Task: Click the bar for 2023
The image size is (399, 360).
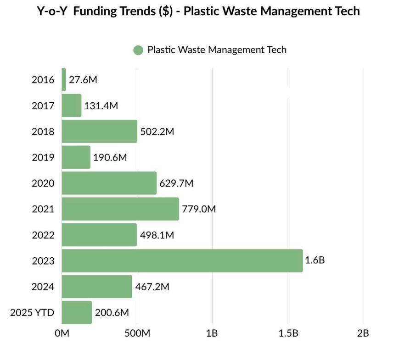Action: click(182, 260)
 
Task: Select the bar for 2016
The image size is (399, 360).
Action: click(64, 79)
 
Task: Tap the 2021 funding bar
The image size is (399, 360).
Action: click(120, 209)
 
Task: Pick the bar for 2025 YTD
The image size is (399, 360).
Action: click(77, 312)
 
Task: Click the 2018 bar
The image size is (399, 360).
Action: click(99, 131)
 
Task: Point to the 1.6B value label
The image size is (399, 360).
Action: click(315, 260)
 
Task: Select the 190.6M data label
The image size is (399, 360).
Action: click(110, 157)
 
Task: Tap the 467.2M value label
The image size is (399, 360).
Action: click(152, 287)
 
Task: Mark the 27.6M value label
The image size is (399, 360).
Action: click(83, 80)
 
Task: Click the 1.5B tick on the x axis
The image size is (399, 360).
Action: click(288, 333)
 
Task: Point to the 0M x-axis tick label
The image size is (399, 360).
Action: click(62, 333)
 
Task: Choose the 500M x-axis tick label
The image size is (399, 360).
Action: click(137, 333)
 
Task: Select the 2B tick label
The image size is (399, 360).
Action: click(363, 333)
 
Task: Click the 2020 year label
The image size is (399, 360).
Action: click(43, 183)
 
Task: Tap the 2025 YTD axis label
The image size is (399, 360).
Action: click(32, 313)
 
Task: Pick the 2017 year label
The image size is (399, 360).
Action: click(43, 106)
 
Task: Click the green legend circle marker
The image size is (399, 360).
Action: click(138, 50)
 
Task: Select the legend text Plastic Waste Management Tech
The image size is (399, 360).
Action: click(217, 50)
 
